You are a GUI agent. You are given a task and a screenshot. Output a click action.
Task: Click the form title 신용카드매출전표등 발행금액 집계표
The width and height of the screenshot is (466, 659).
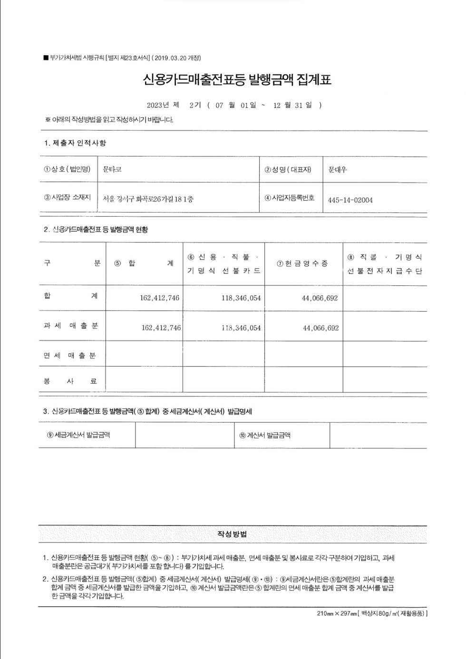point(237,79)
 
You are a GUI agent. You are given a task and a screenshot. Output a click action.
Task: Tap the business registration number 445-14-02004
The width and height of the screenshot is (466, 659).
point(350,200)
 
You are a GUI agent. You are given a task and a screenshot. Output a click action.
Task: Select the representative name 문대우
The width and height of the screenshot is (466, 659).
point(338,170)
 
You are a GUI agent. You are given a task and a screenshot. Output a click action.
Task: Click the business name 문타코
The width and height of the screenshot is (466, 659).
point(112,169)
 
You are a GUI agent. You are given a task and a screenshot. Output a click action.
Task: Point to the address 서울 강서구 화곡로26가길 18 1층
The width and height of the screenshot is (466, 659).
point(148,199)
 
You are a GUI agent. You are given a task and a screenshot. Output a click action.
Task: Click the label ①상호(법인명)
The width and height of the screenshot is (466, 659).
point(67,169)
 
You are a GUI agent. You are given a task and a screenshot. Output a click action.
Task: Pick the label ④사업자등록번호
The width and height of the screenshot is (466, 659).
point(290,198)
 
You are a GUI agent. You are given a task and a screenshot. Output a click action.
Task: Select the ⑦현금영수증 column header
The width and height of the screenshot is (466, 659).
point(303,263)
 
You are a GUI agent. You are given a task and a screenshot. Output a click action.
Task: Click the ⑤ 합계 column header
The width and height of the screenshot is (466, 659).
point(144,263)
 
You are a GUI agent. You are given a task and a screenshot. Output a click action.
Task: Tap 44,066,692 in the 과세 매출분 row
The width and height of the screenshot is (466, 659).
point(321,328)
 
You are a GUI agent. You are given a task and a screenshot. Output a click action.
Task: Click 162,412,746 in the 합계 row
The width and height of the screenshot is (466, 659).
point(159,298)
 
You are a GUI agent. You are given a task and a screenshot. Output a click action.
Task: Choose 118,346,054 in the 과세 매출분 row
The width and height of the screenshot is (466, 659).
point(241,328)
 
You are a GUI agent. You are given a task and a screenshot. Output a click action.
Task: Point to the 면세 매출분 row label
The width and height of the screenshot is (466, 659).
point(70,356)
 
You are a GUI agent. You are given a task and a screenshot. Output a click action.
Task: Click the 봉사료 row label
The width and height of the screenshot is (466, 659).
point(70,381)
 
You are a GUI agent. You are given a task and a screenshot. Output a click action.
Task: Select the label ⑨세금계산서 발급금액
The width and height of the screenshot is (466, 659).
point(78,435)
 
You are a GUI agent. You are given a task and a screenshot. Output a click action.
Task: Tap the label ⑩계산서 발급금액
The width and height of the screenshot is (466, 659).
point(265,435)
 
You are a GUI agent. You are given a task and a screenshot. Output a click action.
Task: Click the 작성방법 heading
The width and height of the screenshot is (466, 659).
point(232,534)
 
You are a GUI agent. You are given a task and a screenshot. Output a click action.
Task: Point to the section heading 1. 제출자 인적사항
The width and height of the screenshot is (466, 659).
point(75,143)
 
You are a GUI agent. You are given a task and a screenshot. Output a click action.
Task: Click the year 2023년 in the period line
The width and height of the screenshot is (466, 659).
point(158,105)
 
